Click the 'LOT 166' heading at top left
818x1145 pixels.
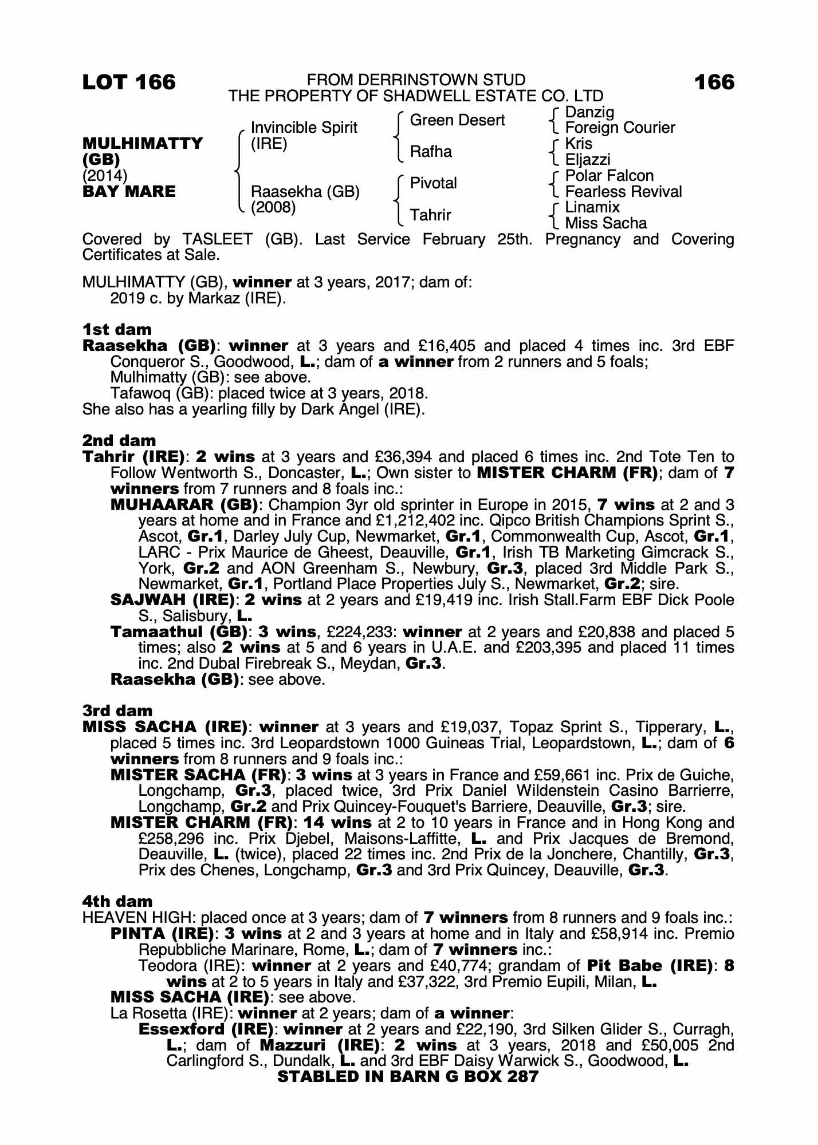[129, 82]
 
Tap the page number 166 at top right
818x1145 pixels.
[714, 82]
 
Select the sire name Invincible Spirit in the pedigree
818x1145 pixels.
[304, 128]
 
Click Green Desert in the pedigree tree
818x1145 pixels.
[457, 120]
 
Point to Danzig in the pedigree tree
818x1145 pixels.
[589, 112]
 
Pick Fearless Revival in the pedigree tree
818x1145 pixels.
[623, 191]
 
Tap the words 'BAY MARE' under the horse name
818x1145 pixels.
[129, 191]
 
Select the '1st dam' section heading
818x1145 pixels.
[117, 330]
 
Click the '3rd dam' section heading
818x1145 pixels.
[117, 711]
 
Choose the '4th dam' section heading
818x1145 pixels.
[117, 902]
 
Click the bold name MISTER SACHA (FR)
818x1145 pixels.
[198, 775]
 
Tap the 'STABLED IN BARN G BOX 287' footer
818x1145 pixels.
[408, 1076]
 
